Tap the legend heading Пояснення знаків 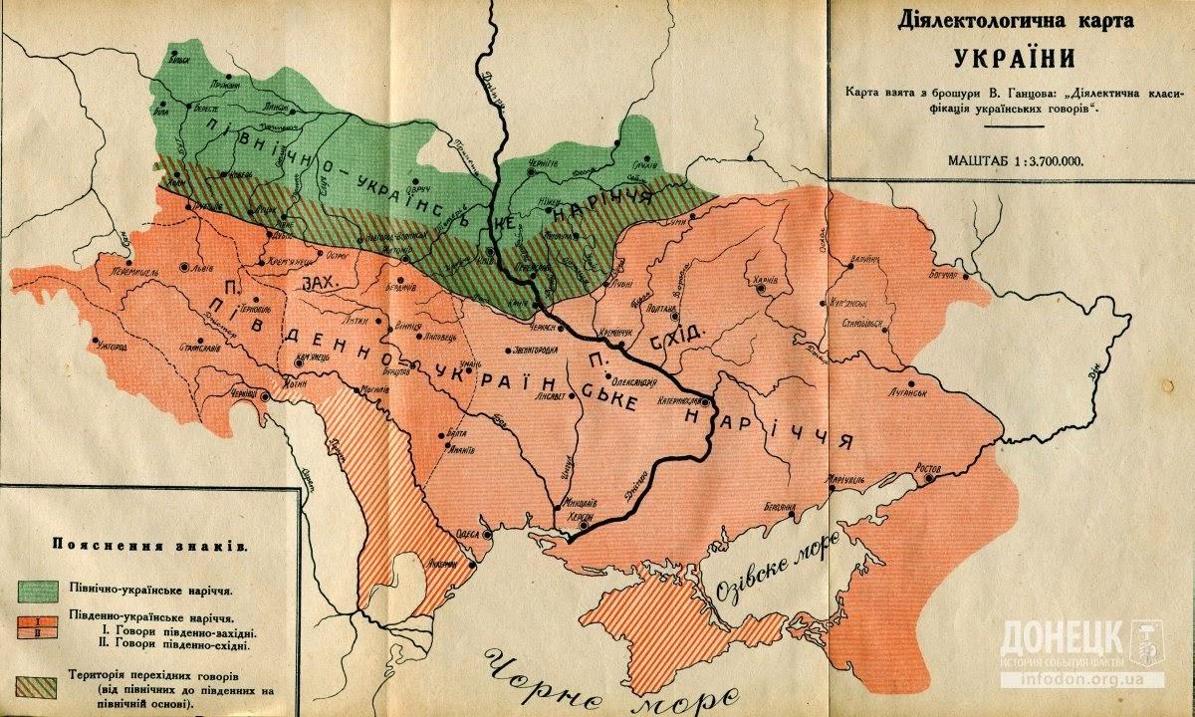[x=145, y=546]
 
